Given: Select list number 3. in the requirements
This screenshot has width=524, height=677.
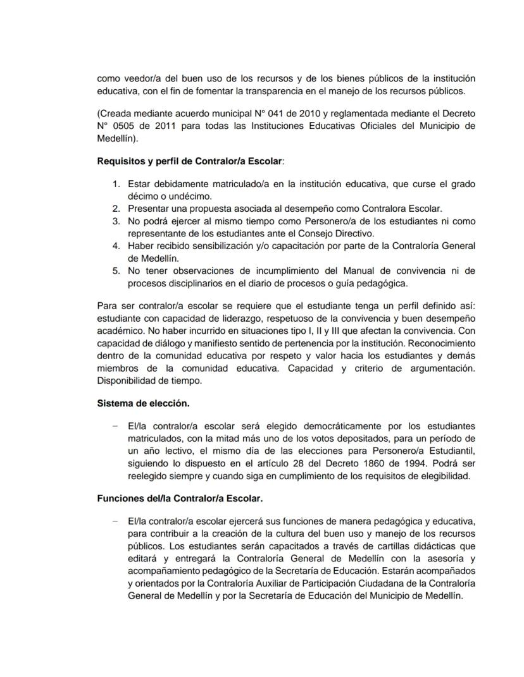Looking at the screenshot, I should tap(116, 221).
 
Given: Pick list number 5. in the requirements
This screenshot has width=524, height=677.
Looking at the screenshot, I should tap(116, 271).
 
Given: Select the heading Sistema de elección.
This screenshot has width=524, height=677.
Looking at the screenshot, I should tap(143, 403).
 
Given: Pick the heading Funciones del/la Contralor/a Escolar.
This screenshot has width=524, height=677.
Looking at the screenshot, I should tap(180, 498).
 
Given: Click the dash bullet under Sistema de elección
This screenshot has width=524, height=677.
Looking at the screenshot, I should tap(115, 425).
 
